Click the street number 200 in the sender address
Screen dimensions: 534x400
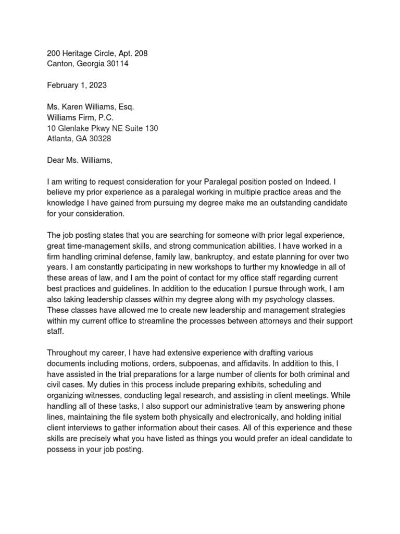coord(54,53)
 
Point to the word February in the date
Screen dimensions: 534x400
coord(63,85)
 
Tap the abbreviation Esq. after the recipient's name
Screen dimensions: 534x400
coord(126,106)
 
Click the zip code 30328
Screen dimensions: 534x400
coord(98,139)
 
